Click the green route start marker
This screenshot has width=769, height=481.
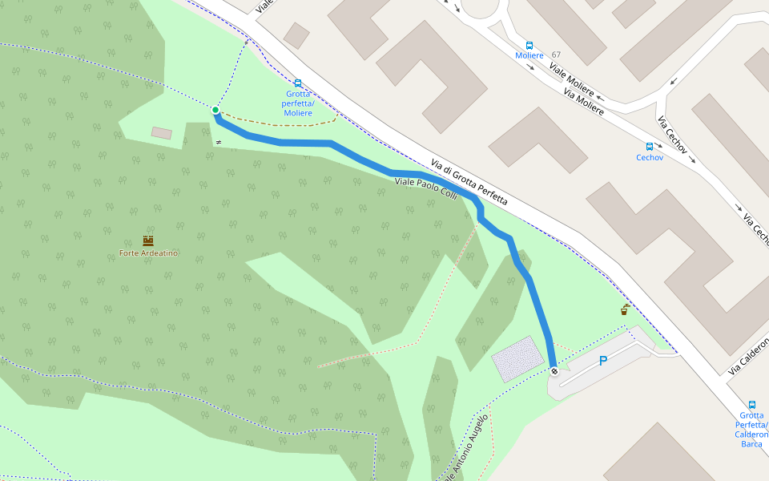tap(215, 110)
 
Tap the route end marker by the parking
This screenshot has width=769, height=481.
tap(554, 370)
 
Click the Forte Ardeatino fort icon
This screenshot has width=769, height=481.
tap(147, 240)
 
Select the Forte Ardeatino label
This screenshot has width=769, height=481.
tap(148, 253)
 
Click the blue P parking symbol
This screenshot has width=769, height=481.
tap(602, 361)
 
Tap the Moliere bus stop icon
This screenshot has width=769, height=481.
tap(529, 45)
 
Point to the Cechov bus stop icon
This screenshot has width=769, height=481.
tap(650, 147)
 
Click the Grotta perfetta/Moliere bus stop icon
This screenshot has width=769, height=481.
tap(298, 83)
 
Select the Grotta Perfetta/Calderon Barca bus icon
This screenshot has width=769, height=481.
tap(751, 405)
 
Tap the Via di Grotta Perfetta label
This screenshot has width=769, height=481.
tap(469, 180)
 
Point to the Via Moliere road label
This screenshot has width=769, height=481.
tap(583, 101)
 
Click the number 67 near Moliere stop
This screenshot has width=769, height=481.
tap(556, 55)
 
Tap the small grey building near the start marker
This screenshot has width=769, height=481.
tap(162, 132)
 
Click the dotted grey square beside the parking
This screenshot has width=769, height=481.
tap(517, 358)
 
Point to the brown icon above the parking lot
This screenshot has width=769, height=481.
tap(624, 309)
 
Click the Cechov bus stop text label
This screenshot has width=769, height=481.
tap(650, 158)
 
